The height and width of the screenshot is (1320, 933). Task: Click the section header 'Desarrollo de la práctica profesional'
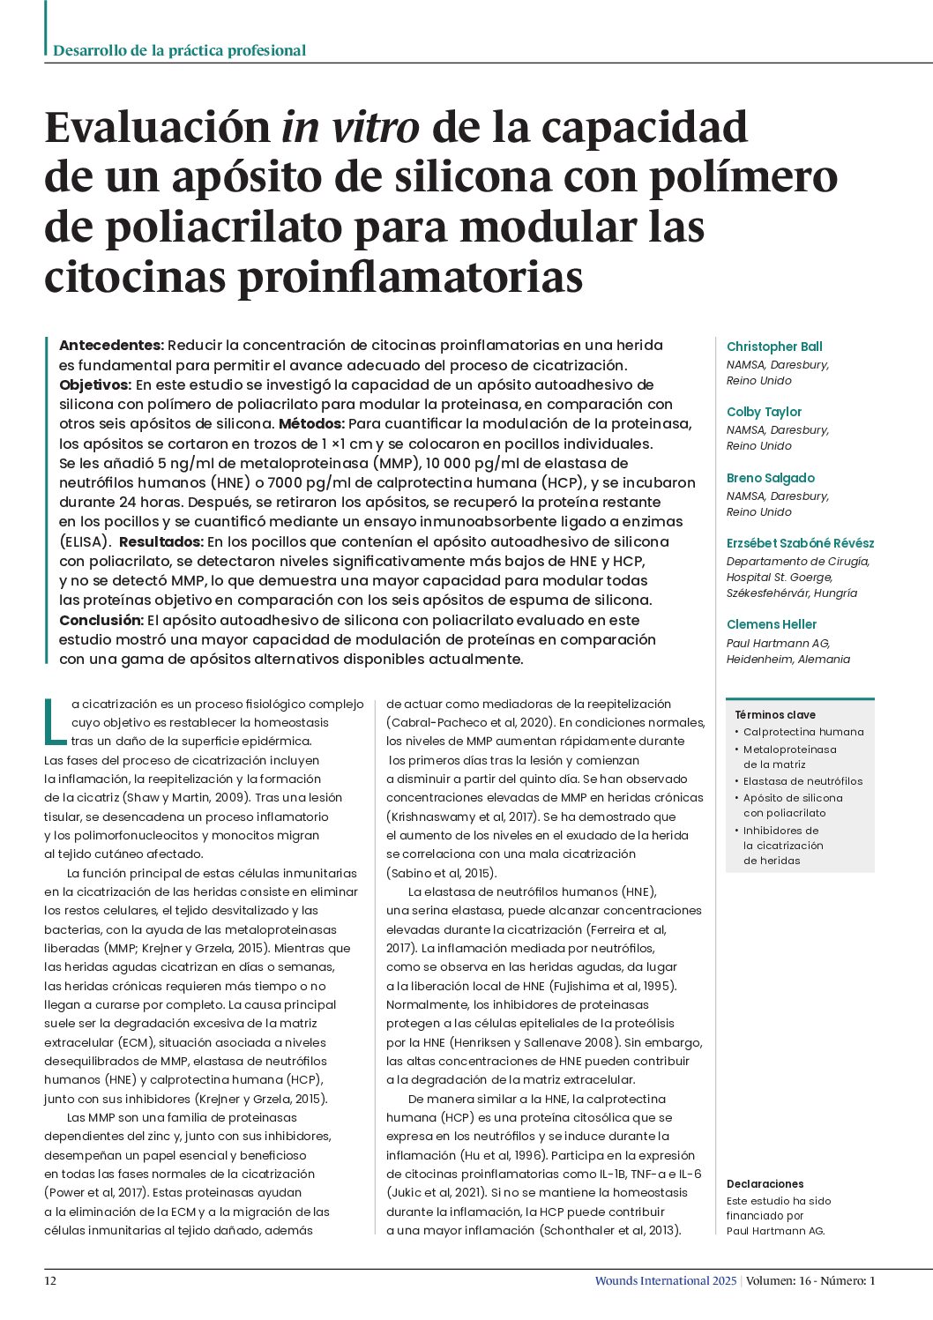point(180,50)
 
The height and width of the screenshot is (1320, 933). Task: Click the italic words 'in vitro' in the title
point(351,127)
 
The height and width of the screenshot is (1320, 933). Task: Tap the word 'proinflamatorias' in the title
point(411,277)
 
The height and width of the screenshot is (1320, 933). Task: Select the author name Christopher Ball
point(773,347)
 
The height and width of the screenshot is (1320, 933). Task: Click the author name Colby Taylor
point(764,412)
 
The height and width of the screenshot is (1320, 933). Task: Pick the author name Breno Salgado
point(770,478)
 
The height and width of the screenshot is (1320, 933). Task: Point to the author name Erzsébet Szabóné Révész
point(800,543)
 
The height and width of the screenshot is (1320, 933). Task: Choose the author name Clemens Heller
point(771,624)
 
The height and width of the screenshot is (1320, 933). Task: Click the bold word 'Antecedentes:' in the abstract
point(111,346)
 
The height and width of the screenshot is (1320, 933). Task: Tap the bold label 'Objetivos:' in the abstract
point(95,384)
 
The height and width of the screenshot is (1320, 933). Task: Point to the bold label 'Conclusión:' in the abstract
point(101,620)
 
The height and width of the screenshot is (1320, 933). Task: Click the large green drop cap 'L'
point(55,720)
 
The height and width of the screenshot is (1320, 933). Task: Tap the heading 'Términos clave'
point(775,715)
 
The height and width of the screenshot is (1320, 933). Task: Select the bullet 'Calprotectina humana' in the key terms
point(802,732)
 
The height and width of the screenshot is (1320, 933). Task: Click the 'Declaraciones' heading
point(765,1184)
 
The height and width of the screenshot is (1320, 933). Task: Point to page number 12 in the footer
point(50,1281)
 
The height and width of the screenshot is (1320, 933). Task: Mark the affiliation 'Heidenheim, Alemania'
point(787,660)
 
